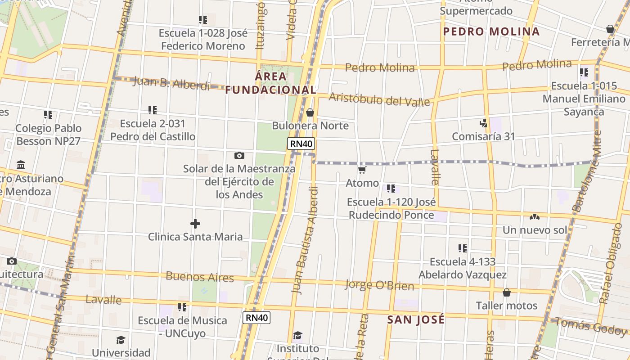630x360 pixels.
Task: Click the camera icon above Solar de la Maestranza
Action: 239,156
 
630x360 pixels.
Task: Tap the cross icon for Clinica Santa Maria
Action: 195,224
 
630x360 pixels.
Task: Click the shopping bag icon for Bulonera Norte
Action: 310,112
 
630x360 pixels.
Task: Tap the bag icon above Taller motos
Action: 507,292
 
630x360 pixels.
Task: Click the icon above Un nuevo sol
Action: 535,217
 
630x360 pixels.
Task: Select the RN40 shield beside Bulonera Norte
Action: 301,144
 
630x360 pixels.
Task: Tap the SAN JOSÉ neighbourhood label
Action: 416,319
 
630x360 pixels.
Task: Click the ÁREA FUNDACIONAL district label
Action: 271,83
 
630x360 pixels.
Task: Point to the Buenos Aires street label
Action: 200,277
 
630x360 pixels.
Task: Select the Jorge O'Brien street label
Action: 379,285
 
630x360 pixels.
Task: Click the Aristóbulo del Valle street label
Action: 379,99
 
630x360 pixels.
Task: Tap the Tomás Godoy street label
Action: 590,326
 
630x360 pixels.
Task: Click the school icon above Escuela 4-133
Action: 462,248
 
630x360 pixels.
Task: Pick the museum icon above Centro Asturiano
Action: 21,165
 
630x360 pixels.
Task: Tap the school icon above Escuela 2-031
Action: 153,110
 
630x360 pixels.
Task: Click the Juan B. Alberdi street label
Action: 171,83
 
